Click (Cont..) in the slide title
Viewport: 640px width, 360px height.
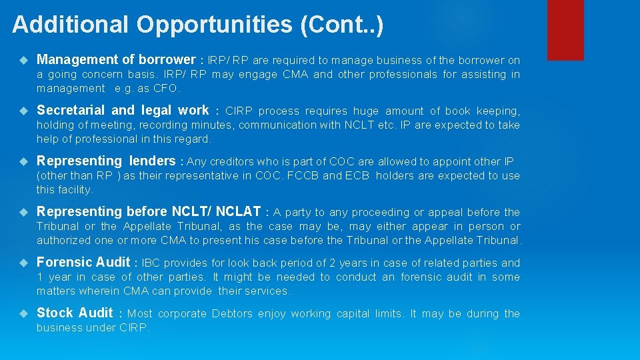(x=341, y=25)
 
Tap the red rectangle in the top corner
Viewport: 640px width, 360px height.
(x=565, y=30)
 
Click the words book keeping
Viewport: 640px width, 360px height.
(x=487, y=111)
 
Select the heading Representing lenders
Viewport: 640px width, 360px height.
(x=106, y=161)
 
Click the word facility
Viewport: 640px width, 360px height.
(x=75, y=189)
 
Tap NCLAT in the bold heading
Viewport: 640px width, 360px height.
(x=238, y=211)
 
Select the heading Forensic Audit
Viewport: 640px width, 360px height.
(x=83, y=262)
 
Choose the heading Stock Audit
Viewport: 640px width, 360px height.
(x=75, y=313)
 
